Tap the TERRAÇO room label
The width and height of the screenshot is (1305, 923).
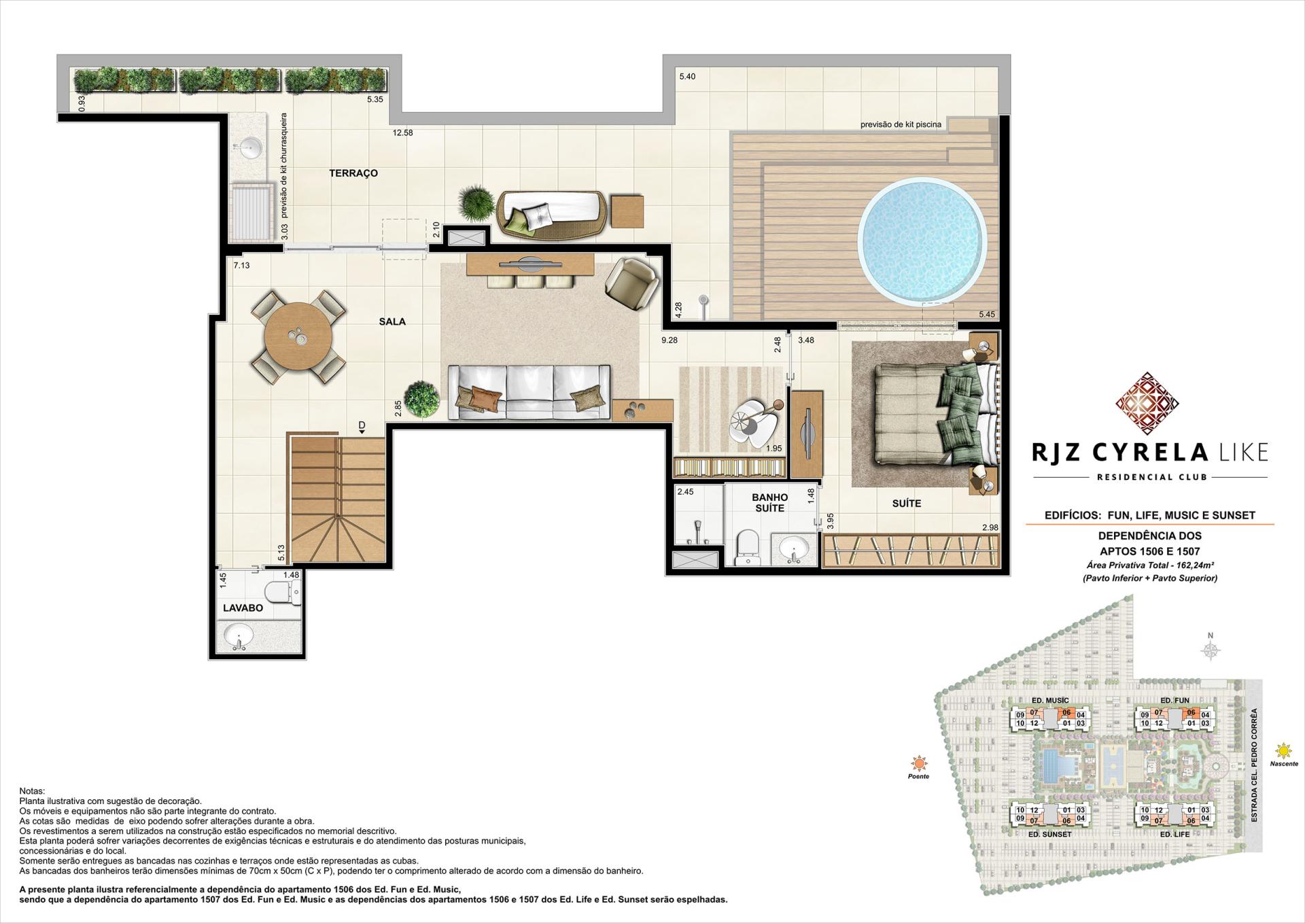[x=353, y=173]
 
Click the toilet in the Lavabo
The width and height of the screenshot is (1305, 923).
[x=283, y=593]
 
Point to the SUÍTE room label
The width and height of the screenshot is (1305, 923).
[x=906, y=504]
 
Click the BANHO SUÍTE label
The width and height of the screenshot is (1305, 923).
[x=769, y=503]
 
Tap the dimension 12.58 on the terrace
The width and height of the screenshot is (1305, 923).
[x=402, y=133]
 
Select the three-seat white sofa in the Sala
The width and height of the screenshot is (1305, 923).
[x=529, y=392]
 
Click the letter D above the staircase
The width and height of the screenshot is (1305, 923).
[x=362, y=426]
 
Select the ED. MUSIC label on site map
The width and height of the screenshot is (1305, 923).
[x=1049, y=700]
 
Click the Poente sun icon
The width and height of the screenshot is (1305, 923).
[x=919, y=763]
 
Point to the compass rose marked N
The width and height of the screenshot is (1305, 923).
[x=1210, y=650]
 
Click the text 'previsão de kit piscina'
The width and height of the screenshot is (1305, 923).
[x=901, y=125]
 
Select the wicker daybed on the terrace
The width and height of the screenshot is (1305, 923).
[x=551, y=215]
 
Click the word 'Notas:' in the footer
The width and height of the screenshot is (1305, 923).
[x=32, y=791]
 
